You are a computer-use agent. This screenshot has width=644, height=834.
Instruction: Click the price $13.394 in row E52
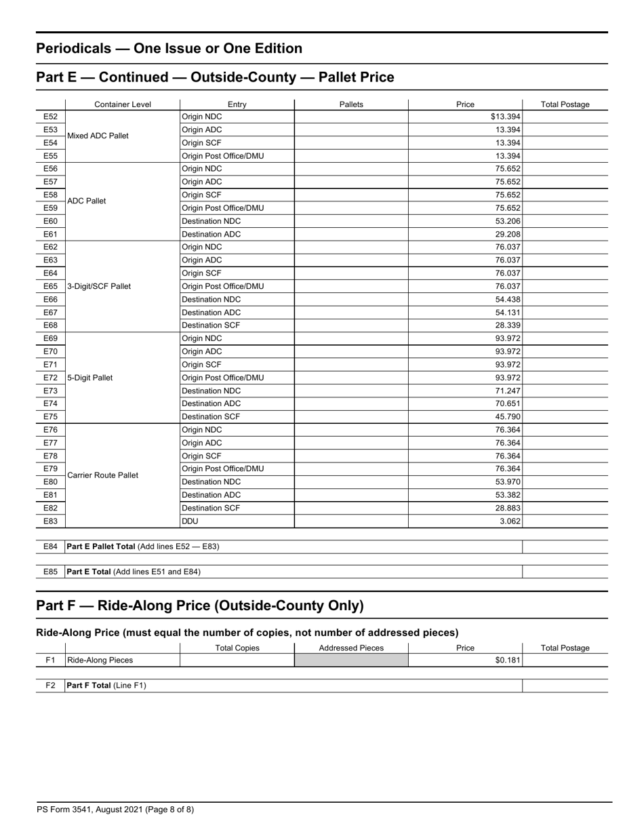point(505,117)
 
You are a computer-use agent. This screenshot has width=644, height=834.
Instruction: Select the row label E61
point(51,234)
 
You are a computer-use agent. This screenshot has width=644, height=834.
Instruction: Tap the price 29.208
point(508,234)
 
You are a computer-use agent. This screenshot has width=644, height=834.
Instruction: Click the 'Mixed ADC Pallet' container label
point(98,136)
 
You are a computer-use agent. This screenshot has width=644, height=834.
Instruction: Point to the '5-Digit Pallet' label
point(90,378)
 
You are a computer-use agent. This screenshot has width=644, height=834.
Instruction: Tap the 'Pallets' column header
point(351,104)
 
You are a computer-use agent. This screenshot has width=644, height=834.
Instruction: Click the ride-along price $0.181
point(508,660)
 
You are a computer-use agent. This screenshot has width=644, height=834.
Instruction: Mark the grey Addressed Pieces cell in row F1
point(351,660)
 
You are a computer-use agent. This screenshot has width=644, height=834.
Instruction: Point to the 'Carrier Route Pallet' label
point(102,475)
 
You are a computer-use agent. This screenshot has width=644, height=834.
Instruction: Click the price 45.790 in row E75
point(508,416)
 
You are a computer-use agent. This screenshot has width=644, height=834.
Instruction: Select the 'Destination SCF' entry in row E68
point(211,325)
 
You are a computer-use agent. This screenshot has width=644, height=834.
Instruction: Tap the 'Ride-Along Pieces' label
point(100,660)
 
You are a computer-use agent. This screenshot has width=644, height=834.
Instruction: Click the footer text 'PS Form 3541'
point(64,809)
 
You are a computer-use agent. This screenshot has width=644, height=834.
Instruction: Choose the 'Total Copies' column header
point(237,648)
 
